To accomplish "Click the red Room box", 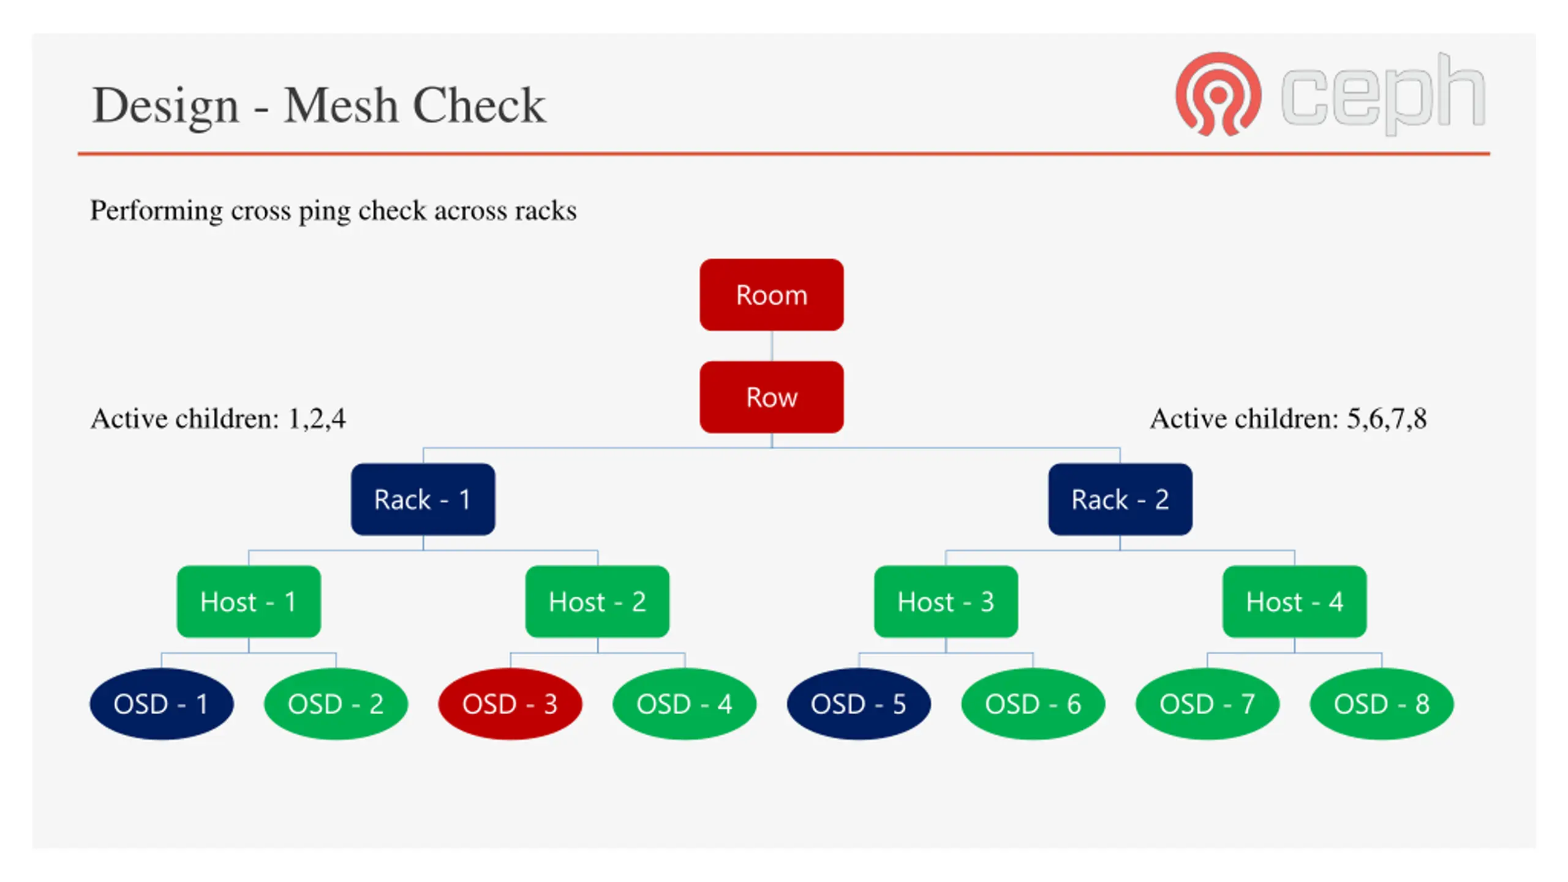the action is (x=771, y=295).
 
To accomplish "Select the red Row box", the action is (x=771, y=397).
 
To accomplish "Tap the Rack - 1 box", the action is (x=423, y=499).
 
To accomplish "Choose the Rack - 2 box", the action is (x=1120, y=499).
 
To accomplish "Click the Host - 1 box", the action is (x=249, y=601).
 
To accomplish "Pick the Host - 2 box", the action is (x=597, y=601).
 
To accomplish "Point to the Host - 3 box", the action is (x=946, y=601).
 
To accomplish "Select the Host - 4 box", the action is (x=1294, y=601).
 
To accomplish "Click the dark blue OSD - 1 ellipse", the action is (x=162, y=704).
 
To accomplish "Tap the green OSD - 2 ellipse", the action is (x=336, y=704).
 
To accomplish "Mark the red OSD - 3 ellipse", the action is (x=510, y=704).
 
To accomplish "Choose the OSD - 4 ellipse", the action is (x=684, y=704).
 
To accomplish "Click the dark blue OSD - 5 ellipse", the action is (x=859, y=704).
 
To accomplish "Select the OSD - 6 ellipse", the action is (x=1033, y=704).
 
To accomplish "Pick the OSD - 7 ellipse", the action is (x=1207, y=704).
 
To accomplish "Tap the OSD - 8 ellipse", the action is (x=1381, y=704).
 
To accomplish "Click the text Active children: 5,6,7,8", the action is (x=1289, y=419).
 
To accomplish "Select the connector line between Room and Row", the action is (x=771, y=346).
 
